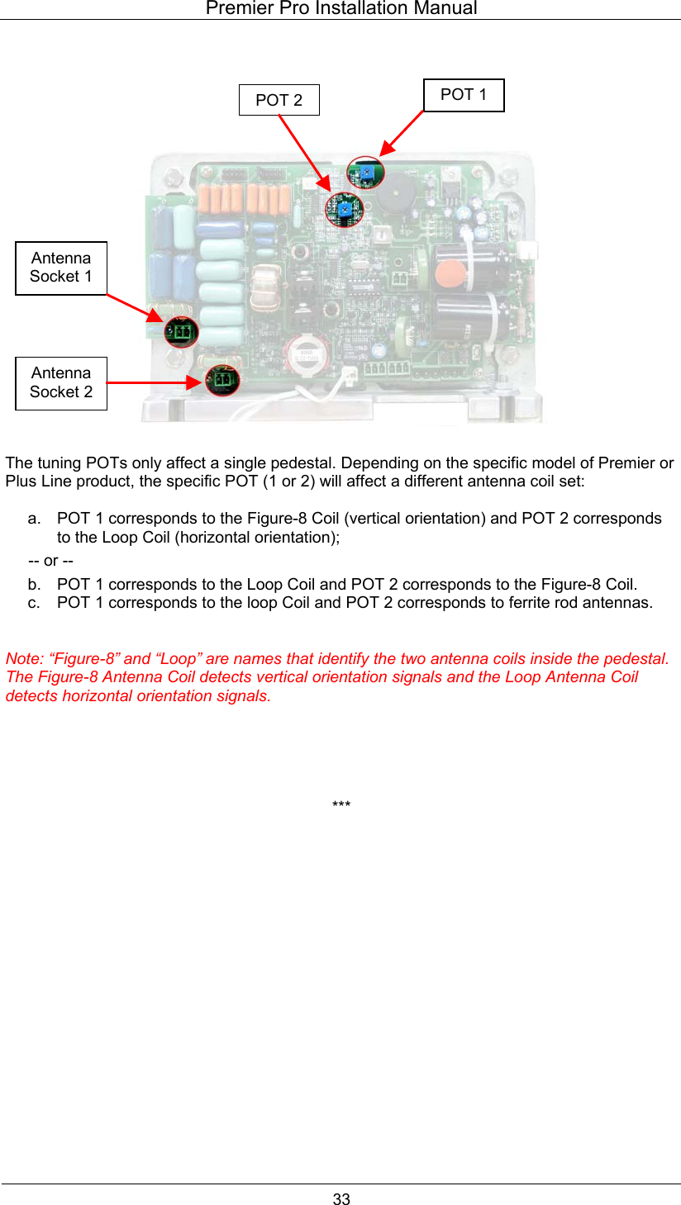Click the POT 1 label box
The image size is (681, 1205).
tap(463, 95)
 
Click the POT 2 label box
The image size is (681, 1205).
tap(279, 100)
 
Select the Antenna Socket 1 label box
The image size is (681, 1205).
tap(61, 268)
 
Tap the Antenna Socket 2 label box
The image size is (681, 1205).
tap(61, 382)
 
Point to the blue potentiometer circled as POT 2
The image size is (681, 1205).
tap(344, 210)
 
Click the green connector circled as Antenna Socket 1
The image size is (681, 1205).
tap(181, 332)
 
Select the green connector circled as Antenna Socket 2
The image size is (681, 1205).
tap(221, 381)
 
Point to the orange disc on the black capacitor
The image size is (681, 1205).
tap(447, 273)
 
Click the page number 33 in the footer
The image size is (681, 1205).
tap(341, 1198)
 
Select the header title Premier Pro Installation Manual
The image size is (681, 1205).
tap(340, 9)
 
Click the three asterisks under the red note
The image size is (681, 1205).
tap(340, 805)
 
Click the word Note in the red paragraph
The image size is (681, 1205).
tap(22, 658)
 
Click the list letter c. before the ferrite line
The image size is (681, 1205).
tap(33, 602)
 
